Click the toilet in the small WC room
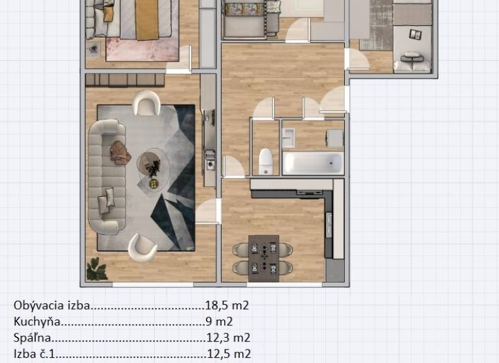pyautogui.click(x=265, y=160)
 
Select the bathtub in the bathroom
pyautogui.click(x=313, y=162)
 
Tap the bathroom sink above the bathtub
pyautogui.click(x=289, y=137)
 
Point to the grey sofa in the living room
pyautogui.click(x=104, y=175)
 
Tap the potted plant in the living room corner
pyautogui.click(x=97, y=270)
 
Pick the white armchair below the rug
pyautogui.click(x=142, y=247)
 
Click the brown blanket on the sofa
pyautogui.click(x=119, y=152)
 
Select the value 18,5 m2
pyautogui.click(x=227, y=305)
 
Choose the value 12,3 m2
pyautogui.click(x=227, y=337)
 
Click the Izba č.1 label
pyautogui.click(x=36, y=353)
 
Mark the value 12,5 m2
pyautogui.click(x=227, y=353)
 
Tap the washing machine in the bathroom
pyautogui.click(x=334, y=138)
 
